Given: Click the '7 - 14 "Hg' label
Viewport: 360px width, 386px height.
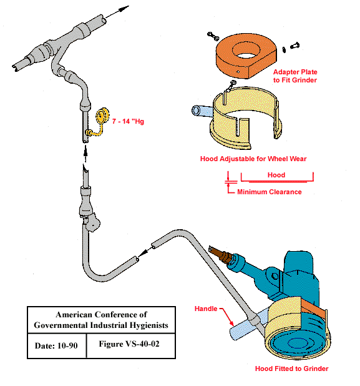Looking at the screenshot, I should click(128, 121).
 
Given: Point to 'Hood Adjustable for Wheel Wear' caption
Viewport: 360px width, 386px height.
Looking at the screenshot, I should click(253, 159).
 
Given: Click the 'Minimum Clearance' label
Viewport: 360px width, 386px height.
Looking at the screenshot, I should click(269, 192).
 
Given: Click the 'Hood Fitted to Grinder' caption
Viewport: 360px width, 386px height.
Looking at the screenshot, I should click(291, 369).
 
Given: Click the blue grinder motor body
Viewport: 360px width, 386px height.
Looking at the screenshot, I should click(299, 275).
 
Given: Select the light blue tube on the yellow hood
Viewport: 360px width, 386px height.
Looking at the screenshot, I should click(198, 112).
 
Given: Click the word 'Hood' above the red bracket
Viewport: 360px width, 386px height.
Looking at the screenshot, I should click(276, 175).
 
